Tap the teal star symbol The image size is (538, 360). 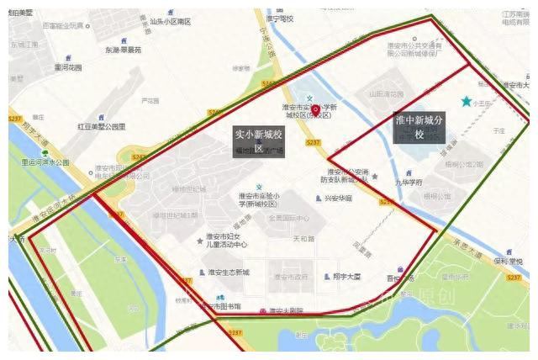tap(467, 102)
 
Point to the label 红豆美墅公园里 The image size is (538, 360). tap(102, 127)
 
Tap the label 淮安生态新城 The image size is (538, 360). tap(229, 273)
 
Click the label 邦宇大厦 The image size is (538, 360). tap(346, 276)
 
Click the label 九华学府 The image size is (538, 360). tap(409, 180)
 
